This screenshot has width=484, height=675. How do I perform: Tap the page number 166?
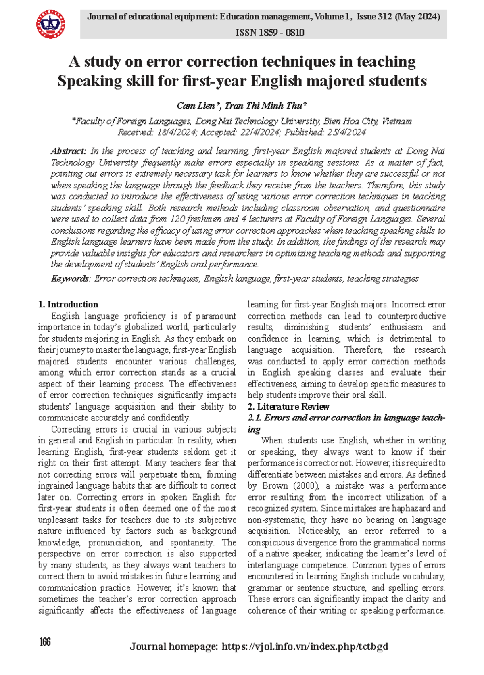click(45, 642)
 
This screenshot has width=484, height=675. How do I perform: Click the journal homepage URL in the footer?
click(305, 646)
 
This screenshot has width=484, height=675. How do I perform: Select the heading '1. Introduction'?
click(68, 304)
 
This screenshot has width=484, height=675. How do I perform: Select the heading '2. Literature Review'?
click(288, 406)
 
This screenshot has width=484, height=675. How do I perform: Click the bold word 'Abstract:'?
click(68, 151)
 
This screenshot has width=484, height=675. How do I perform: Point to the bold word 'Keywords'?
click(70, 278)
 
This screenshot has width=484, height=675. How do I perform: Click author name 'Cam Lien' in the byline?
click(196, 106)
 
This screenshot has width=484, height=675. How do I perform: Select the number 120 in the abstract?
click(178, 219)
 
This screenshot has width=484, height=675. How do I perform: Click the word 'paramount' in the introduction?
click(216, 316)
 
